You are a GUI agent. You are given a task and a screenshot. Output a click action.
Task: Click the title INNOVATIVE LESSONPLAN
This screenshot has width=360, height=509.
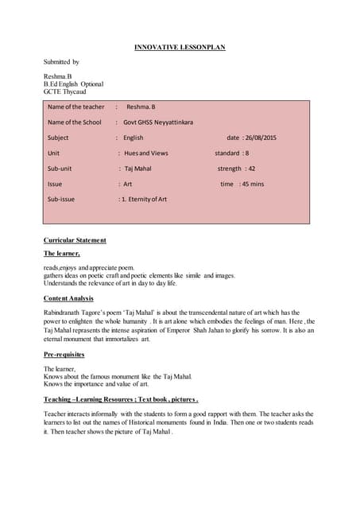click(179, 47)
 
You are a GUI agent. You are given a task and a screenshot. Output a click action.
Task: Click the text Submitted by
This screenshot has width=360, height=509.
click(61, 61)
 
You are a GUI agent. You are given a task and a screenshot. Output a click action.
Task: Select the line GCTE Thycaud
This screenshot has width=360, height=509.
click(65, 91)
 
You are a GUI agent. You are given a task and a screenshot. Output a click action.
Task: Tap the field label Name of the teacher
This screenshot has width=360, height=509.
click(75, 107)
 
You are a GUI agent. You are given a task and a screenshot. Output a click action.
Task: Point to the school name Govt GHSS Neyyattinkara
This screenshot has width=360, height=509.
click(158, 122)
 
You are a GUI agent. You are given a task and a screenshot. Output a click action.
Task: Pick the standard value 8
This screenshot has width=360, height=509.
click(246, 153)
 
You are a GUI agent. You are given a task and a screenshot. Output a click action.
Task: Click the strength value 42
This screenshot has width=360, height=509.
click(251, 169)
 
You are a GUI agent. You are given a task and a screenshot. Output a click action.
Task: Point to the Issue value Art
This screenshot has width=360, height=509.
click(127, 184)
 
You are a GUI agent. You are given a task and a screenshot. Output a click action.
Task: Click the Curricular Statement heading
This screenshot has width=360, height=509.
click(75, 239)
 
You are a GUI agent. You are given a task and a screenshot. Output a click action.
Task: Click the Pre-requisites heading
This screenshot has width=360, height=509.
click(64, 354)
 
